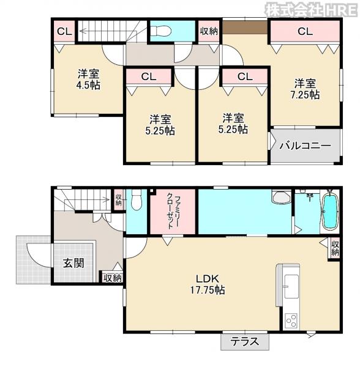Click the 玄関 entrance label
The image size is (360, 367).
pyautogui.click(x=73, y=263)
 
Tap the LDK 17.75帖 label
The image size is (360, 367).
pyautogui.click(x=208, y=284)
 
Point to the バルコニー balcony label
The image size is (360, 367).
pyautogui.click(x=306, y=146)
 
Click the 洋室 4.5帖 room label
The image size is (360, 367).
pyautogui.click(x=89, y=80)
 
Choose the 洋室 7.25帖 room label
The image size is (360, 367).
pyautogui.click(x=305, y=89)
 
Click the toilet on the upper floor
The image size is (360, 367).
pyautogui.click(x=160, y=31)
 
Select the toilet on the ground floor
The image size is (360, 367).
pyautogui.click(x=137, y=199)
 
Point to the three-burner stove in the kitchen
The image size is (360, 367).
pyautogui.click(x=291, y=320)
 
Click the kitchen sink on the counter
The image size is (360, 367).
pyautogui.click(x=291, y=286)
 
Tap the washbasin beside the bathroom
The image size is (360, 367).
pyautogui.click(x=281, y=197)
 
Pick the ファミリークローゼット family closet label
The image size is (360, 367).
pyautogui.click(x=173, y=212)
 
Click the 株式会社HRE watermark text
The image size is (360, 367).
pyautogui.click(x=312, y=10)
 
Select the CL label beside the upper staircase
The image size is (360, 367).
pyautogui.click(x=64, y=31)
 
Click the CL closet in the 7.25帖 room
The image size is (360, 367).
pyautogui.click(x=305, y=31)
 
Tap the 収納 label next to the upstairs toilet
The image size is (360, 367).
pyautogui.click(x=209, y=31)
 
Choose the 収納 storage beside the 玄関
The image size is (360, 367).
pyautogui.click(x=113, y=278)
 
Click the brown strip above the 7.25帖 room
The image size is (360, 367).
pyautogui.click(x=244, y=27)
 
